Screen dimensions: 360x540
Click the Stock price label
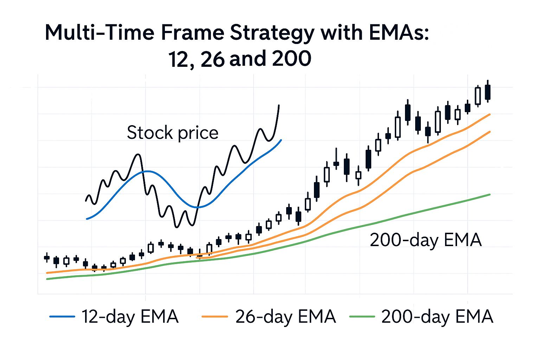pos(172,133)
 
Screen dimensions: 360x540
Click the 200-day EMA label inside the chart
pos(425,240)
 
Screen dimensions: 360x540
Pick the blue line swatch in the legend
pos(62,316)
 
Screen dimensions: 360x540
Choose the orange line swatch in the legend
pos(215,316)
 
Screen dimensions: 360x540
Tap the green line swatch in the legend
pos(362,316)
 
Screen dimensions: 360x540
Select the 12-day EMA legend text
pos(130,316)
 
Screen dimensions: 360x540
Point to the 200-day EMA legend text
pos(437,316)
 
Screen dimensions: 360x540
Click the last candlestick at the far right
pos(488,92)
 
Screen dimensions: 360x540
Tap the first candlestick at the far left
pos(47,258)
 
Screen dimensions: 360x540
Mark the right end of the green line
pos(489,194)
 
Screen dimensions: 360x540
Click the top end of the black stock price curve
pos(279,105)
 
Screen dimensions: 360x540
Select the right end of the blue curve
pos(281,140)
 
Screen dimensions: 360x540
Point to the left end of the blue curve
pos(87,219)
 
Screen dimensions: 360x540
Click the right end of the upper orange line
pos(489,114)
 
